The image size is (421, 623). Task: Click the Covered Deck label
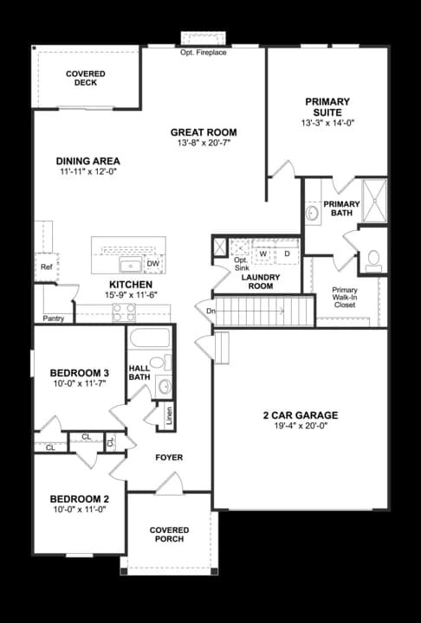(86, 79)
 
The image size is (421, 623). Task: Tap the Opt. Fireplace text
(203, 53)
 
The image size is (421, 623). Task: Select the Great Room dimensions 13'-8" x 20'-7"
(203, 144)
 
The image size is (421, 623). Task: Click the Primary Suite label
(327, 107)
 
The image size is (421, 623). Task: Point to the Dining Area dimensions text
(87, 172)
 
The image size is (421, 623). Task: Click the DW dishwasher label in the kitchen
(153, 263)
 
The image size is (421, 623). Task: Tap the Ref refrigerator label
(46, 267)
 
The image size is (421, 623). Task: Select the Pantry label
(54, 318)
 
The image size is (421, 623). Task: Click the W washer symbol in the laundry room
(263, 254)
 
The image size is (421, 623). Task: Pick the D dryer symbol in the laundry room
(287, 254)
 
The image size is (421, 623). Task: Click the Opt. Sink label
(243, 264)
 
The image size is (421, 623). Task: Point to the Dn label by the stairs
(210, 309)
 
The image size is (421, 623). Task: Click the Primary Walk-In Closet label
(346, 297)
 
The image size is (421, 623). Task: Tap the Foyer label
(168, 457)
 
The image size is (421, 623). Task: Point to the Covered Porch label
(169, 534)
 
